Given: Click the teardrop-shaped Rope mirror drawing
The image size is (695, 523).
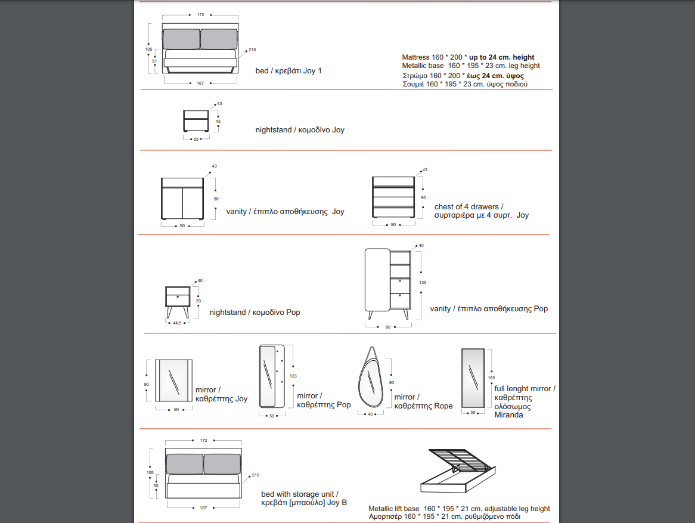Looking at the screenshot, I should [371, 379].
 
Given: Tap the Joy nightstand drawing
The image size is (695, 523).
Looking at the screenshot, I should [196, 120].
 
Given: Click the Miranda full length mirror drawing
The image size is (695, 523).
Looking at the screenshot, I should [473, 377].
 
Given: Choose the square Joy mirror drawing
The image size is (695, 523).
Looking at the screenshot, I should [174, 380].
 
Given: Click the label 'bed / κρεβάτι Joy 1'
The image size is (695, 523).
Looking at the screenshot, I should [288, 71].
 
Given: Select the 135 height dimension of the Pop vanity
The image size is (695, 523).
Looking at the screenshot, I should [423, 282].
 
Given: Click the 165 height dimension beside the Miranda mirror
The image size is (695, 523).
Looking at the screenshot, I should [492, 377].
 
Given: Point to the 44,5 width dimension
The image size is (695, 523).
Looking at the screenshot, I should [177, 323].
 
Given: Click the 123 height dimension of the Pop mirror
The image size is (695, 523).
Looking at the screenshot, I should [293, 376].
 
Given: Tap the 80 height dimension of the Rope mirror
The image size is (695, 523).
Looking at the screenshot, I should [392, 382].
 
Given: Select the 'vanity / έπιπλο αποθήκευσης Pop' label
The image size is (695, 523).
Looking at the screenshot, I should [489, 309].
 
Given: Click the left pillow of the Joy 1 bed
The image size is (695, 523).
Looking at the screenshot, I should [181, 39].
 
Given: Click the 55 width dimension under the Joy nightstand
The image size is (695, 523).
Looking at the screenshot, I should [196, 139].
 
